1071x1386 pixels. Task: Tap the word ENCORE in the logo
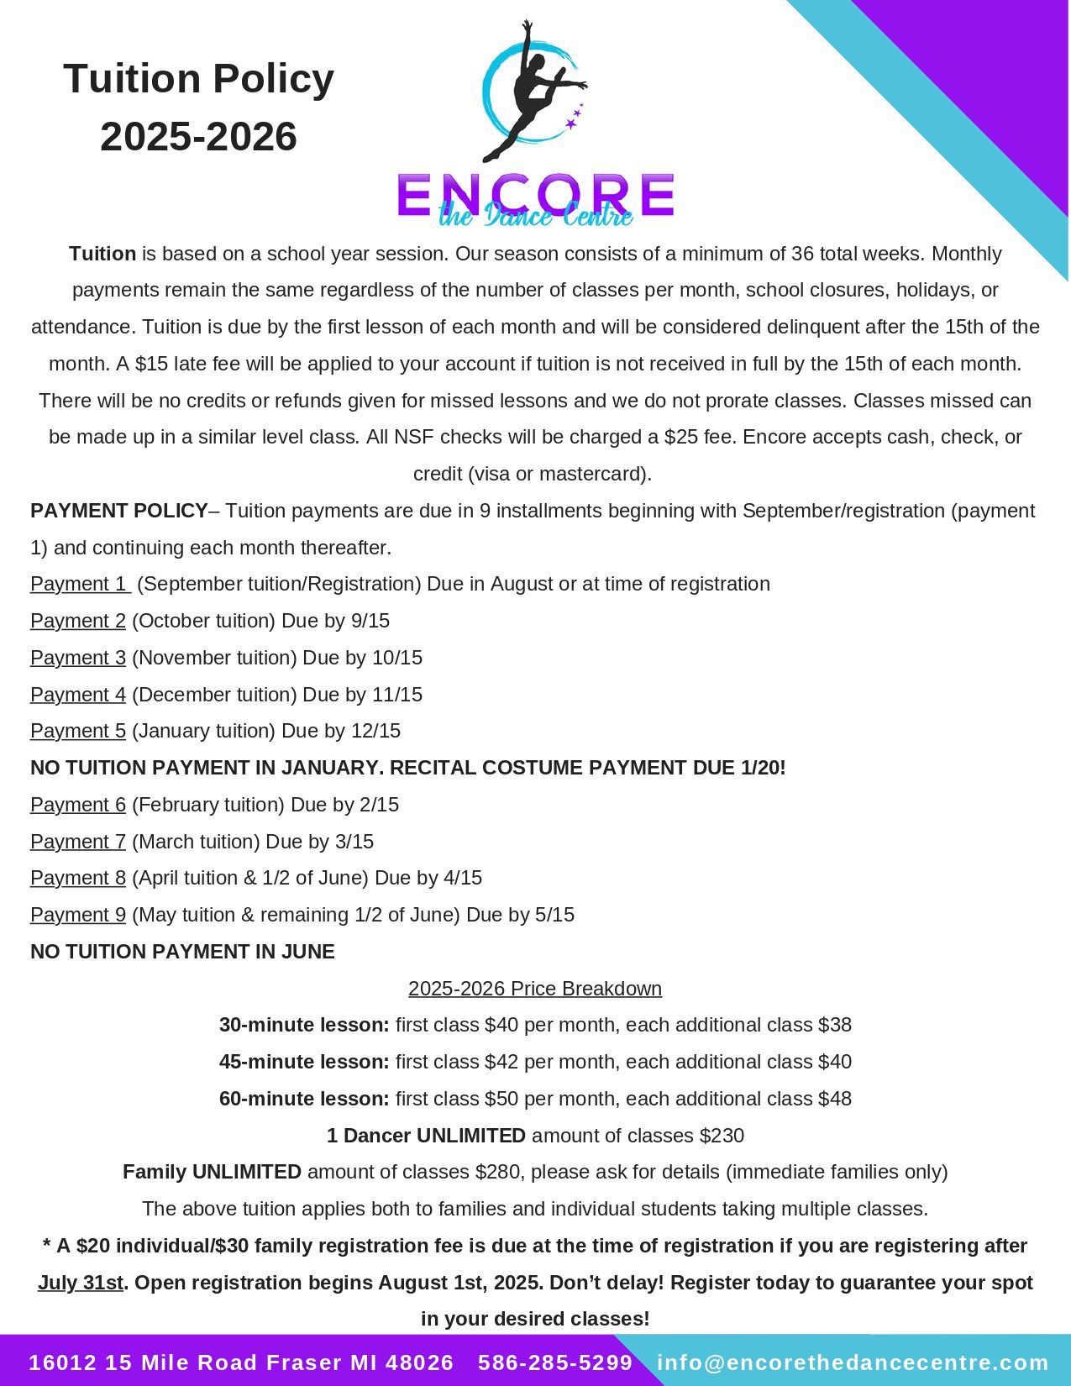[x=535, y=195]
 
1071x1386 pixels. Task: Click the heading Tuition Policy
[x=198, y=79]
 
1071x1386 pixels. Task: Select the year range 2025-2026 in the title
[x=198, y=137]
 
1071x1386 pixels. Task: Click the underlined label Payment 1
[x=78, y=584]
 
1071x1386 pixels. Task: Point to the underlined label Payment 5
[x=78, y=731]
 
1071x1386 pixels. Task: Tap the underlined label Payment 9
[x=78, y=915]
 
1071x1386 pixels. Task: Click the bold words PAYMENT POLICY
[x=119, y=511]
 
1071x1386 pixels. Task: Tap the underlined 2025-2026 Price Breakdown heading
[x=535, y=989]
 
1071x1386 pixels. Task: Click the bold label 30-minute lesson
[x=304, y=1025]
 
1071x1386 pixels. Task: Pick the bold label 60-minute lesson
[x=304, y=1099]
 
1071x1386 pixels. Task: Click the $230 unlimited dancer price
[x=722, y=1136]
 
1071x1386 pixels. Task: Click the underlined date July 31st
[x=81, y=1283]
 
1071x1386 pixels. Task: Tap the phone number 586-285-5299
[x=555, y=1362]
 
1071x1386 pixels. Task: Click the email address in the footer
[x=853, y=1362]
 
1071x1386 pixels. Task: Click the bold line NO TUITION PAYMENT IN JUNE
[x=182, y=952]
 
